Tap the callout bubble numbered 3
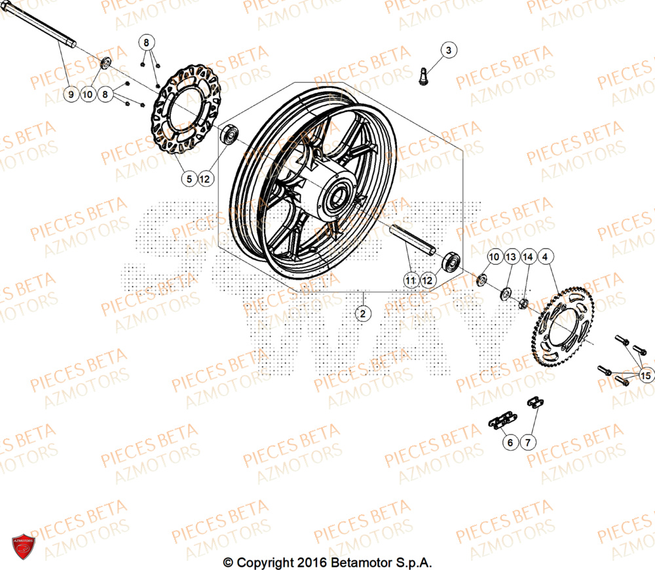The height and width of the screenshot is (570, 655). coord(448,50)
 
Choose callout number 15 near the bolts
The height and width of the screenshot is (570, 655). coord(646,375)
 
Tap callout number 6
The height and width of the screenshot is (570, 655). coord(509,443)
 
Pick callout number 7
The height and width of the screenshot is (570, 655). coord(527,443)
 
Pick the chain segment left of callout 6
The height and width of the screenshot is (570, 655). coord(499,421)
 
